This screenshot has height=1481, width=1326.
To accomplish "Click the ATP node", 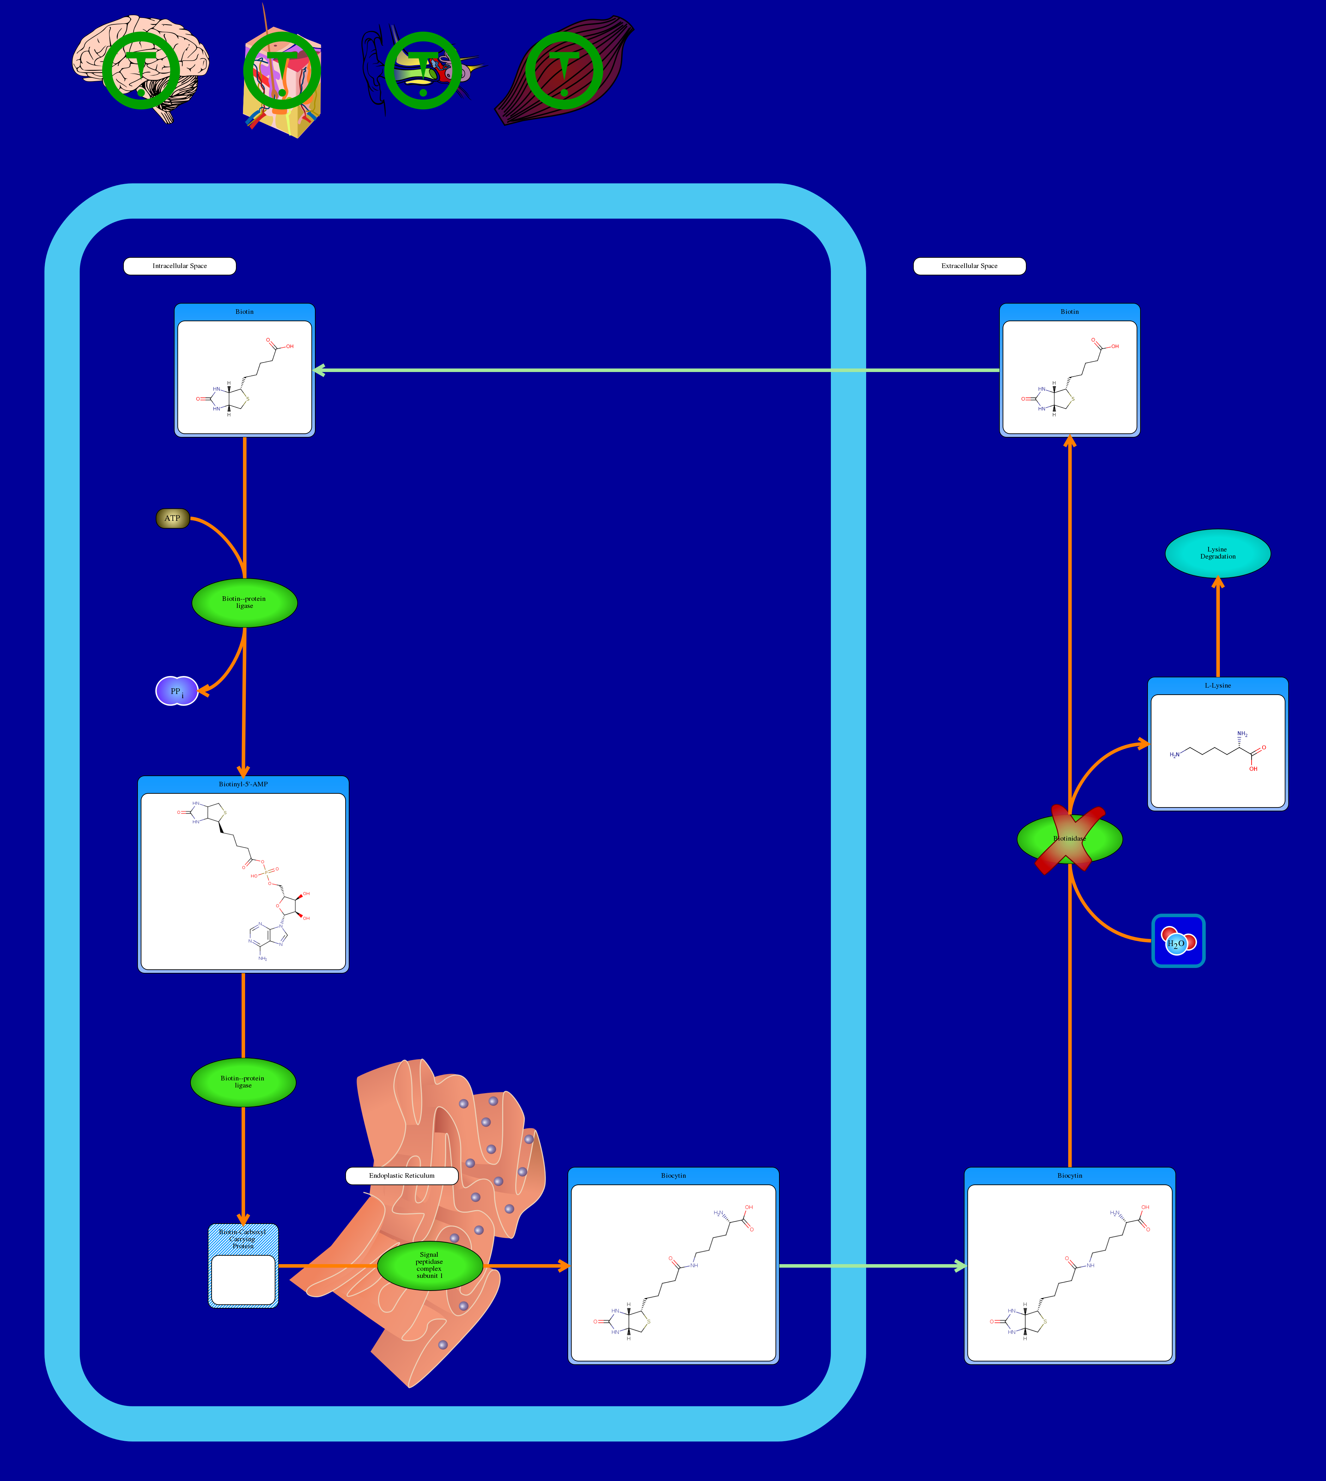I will click(x=173, y=518).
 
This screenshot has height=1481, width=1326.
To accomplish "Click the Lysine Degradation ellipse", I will click(x=1217, y=553).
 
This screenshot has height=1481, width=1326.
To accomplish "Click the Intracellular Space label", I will click(x=179, y=266).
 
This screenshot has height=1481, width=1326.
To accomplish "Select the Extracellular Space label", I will click(x=969, y=266).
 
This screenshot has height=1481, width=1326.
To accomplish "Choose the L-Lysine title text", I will click(x=1217, y=685).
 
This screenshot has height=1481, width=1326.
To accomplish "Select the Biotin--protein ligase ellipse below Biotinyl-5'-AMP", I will click(x=243, y=1082).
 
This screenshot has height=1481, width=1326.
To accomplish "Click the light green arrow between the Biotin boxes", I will click(x=656, y=370).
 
